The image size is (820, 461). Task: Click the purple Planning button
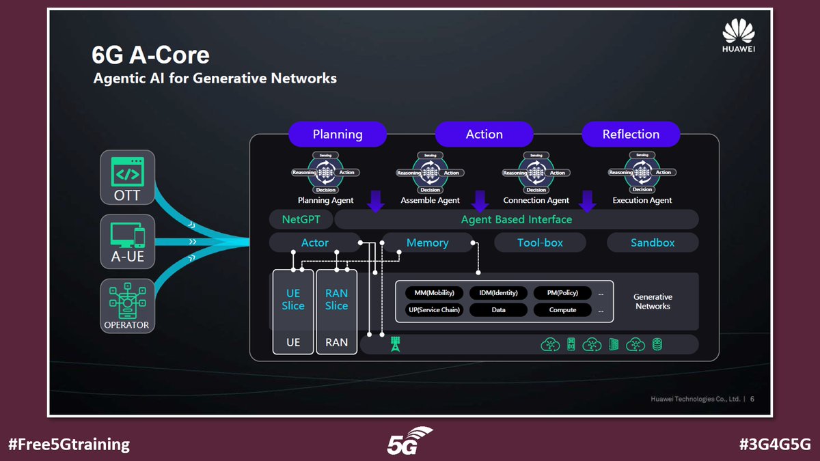point(338,135)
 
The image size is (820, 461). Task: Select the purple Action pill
point(484,135)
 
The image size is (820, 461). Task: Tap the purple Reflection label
point(631,135)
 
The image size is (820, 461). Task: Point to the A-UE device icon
point(128,237)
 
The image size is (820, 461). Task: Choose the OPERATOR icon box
point(128,305)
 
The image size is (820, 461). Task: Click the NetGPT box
point(301,219)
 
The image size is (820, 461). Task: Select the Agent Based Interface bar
point(516,219)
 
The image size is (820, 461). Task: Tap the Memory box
point(427,242)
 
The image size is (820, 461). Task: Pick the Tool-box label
point(540,242)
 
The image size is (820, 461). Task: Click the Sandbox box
point(653,242)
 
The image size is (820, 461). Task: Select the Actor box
point(315,242)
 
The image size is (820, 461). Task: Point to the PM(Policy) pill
point(563,293)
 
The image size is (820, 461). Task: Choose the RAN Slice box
point(336,300)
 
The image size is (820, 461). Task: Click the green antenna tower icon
point(394,344)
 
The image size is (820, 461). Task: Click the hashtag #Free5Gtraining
point(68,444)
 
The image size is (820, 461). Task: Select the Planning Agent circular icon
point(325,173)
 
